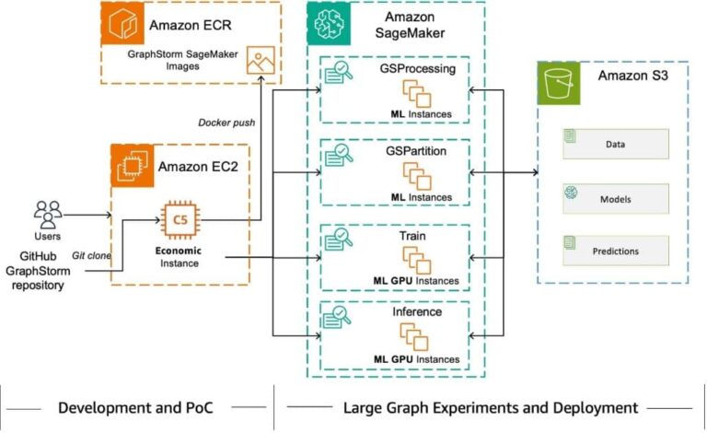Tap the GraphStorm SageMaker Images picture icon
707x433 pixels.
tap(260, 62)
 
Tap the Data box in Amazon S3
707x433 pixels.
tap(616, 143)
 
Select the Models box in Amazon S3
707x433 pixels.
tap(616, 197)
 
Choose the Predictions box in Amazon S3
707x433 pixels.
tap(616, 250)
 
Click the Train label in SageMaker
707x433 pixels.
tap(414, 236)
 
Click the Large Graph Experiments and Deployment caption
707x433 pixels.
tap(490, 406)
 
